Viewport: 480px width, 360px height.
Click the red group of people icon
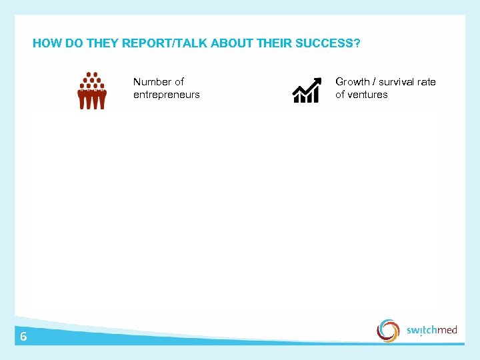(x=92, y=91)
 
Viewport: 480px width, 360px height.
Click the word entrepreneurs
(x=166, y=95)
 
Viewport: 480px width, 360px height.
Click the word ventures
(x=368, y=95)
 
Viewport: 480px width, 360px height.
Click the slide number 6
(x=23, y=337)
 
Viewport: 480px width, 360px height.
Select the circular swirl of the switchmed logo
(x=388, y=330)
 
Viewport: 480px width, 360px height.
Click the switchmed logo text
(x=432, y=330)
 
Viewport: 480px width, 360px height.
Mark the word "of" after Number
(x=179, y=82)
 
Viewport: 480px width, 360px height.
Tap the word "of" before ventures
(x=341, y=95)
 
